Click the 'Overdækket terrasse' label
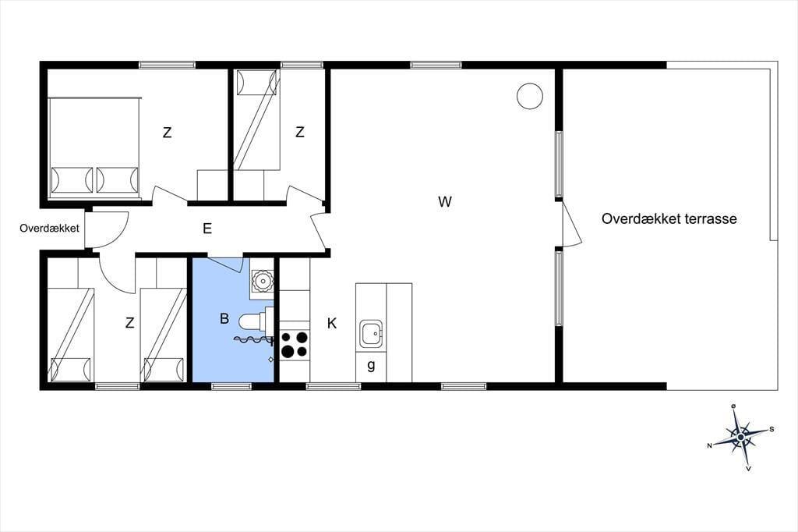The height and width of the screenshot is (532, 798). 669,218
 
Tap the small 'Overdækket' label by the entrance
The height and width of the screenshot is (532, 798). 49,229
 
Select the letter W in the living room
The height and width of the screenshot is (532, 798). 445,202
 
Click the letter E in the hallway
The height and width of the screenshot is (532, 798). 207,229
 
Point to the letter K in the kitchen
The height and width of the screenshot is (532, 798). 332,323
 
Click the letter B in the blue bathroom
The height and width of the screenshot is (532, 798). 224,318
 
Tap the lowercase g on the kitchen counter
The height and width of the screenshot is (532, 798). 371,365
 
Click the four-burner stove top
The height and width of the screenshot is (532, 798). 295,344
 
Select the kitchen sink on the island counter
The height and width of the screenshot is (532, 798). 371,335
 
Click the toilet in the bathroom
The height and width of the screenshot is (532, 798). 256,321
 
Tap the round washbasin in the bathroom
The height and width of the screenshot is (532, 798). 262,280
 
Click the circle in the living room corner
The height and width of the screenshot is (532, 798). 530,95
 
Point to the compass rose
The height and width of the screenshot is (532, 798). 741,437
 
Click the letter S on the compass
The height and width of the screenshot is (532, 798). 772,429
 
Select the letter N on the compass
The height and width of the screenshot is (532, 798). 709,445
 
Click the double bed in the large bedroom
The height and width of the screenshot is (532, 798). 94,147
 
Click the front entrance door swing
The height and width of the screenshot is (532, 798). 109,229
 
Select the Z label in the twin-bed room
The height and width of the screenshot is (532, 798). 130,323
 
